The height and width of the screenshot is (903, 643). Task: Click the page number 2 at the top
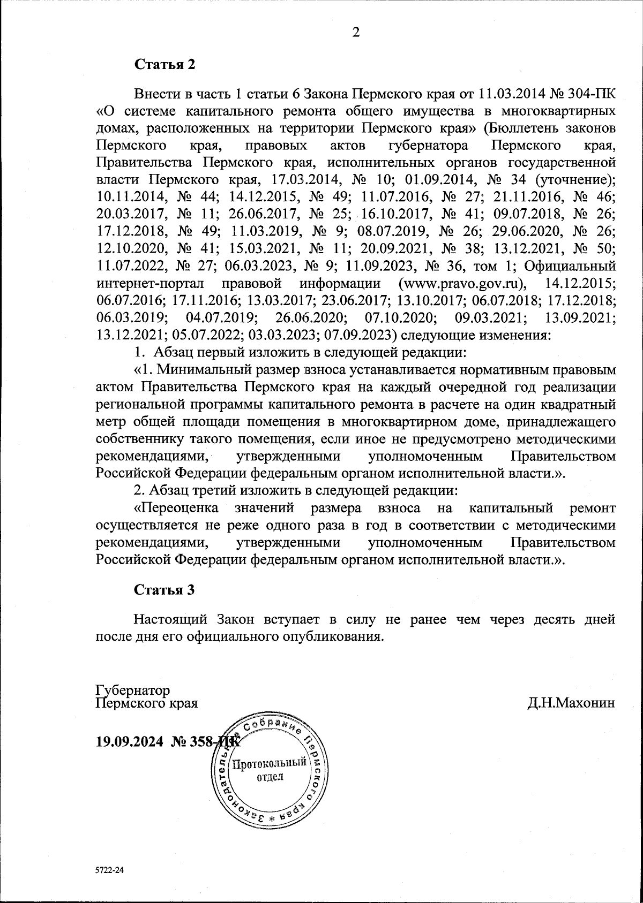[x=355, y=32]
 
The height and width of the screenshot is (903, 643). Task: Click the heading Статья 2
[x=165, y=65]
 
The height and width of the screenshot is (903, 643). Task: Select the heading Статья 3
[x=164, y=590]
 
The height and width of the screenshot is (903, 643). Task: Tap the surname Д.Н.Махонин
[x=571, y=702]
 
